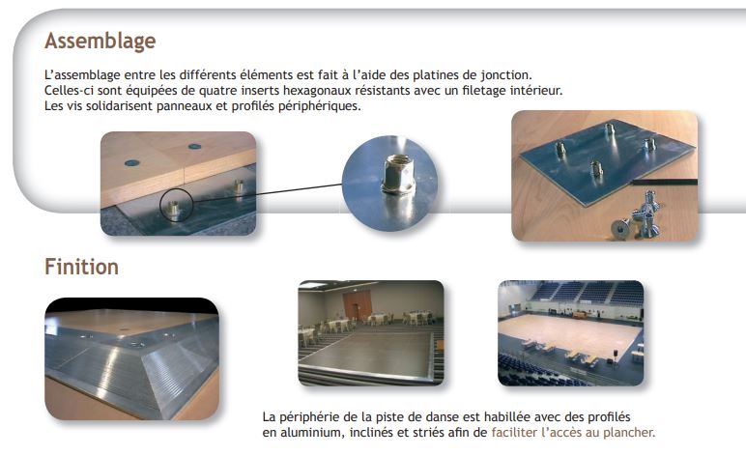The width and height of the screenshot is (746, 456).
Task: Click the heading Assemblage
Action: (x=100, y=42)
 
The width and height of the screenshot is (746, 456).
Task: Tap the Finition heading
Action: (x=81, y=267)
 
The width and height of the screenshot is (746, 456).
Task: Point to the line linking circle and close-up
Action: (x=268, y=192)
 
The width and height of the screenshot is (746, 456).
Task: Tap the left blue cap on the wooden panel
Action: (x=131, y=163)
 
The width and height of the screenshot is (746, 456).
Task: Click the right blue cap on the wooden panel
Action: (x=194, y=147)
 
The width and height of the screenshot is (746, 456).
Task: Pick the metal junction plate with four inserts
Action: (x=607, y=159)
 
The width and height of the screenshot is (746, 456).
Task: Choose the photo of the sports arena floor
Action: (x=570, y=333)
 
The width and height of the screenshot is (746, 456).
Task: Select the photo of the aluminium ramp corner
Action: (x=131, y=359)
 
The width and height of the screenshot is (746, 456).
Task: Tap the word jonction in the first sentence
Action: (x=505, y=75)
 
